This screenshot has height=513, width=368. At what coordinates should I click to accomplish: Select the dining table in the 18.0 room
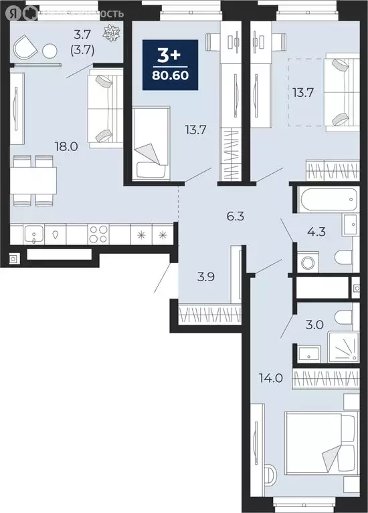[x=32, y=180]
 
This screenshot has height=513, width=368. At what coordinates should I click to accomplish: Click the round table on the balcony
[x=50, y=51]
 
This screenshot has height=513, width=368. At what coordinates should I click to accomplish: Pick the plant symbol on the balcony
[x=110, y=31]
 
